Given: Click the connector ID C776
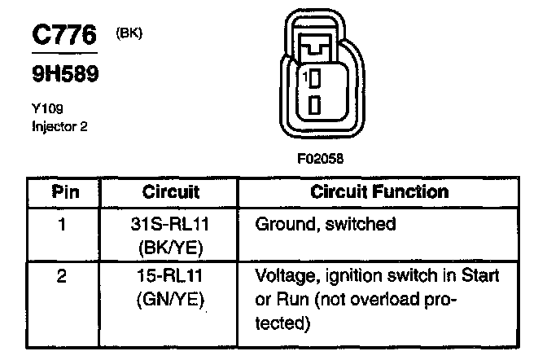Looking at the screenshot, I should point(63,36).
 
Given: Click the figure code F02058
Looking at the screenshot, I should point(316,160).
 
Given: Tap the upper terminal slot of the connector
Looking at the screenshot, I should point(314,79).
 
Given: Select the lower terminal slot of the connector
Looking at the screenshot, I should point(314,105).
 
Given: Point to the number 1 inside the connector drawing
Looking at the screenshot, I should point(303,78).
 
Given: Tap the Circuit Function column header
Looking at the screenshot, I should point(379,192).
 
